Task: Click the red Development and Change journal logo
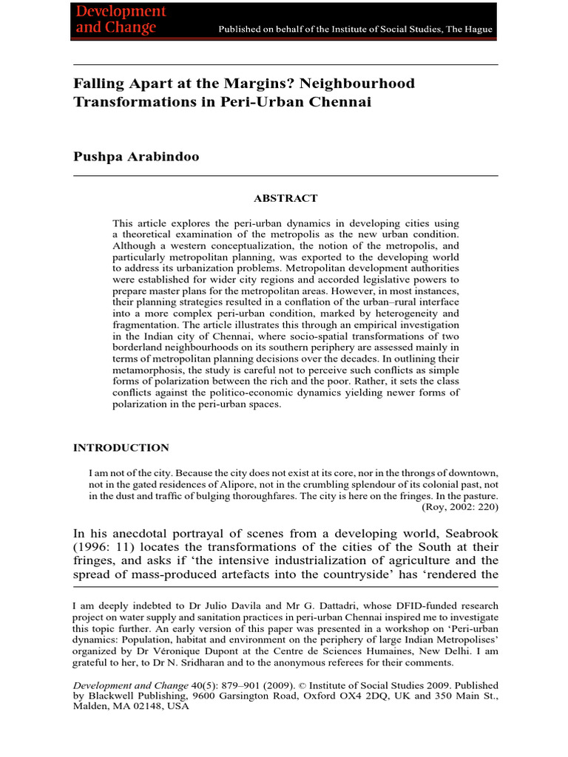point(121,20)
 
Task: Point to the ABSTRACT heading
point(285,198)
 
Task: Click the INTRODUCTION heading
point(121,448)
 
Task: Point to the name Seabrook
point(465,535)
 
